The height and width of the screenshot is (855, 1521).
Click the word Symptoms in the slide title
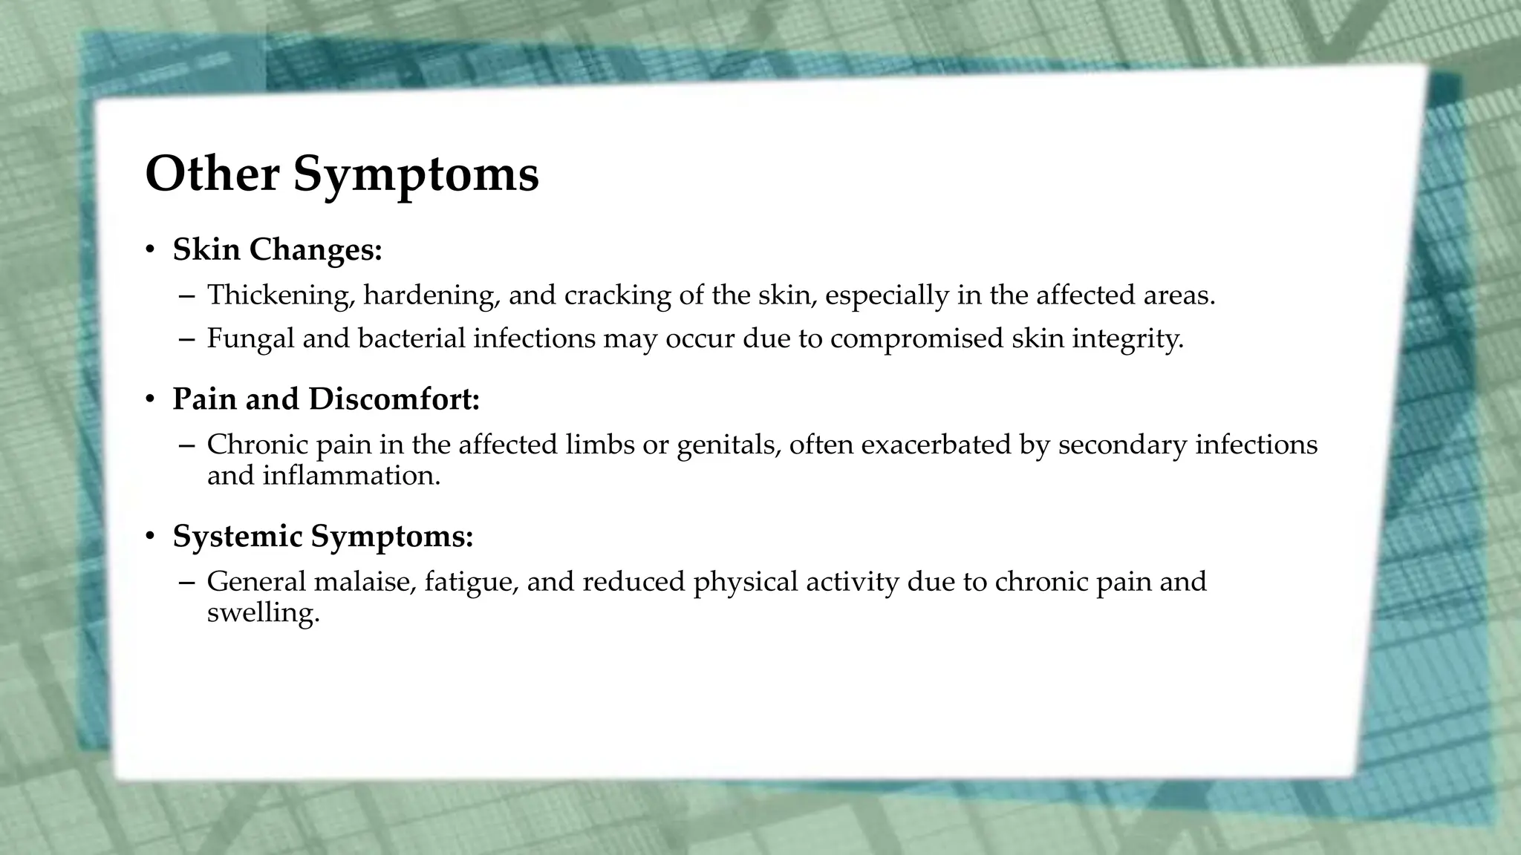(x=416, y=175)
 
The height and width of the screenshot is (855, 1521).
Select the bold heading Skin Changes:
(x=277, y=249)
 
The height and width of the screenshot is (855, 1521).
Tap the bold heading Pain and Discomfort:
(x=326, y=399)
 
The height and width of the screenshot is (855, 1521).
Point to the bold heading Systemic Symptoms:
(x=323, y=536)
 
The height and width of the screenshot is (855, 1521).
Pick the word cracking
(x=617, y=295)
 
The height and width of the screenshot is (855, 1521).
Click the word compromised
(x=916, y=338)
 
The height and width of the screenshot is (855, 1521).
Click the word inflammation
(x=351, y=475)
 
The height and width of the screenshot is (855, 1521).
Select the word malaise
(x=364, y=581)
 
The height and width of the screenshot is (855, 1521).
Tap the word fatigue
(x=471, y=581)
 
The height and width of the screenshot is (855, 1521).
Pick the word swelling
(x=263, y=613)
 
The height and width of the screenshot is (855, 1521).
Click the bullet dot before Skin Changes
(x=150, y=250)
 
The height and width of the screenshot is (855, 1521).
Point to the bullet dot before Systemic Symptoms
(x=150, y=537)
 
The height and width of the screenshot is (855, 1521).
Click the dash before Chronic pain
(x=186, y=445)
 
